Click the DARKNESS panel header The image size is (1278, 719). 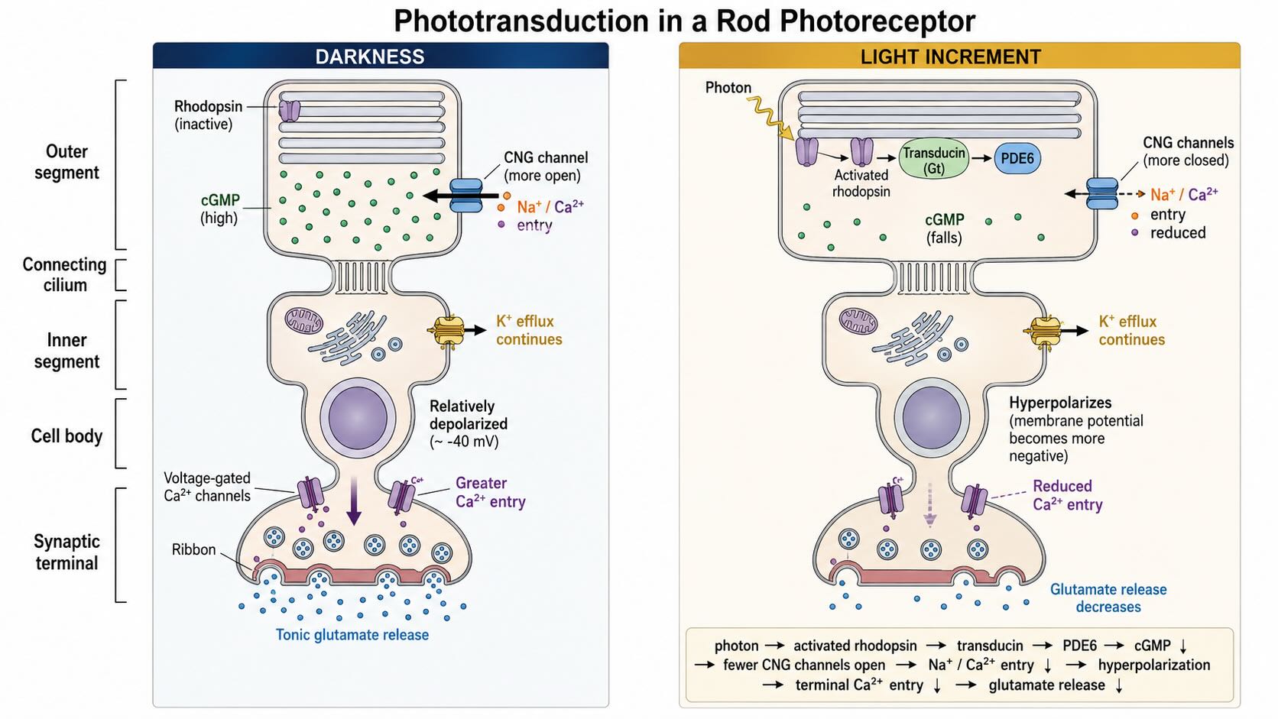tap(381, 56)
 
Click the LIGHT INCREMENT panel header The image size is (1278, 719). tap(959, 56)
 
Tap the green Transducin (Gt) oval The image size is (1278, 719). tap(934, 159)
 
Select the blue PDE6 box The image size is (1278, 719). tap(1017, 158)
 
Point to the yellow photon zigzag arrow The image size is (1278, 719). tap(770, 118)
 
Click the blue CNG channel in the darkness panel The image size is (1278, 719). tap(466, 196)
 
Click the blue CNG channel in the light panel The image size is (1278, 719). tap(1101, 193)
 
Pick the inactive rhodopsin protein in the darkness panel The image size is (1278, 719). tap(289, 111)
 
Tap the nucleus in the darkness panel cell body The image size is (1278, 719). tap(358, 418)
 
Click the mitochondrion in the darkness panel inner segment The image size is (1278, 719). tap(303, 320)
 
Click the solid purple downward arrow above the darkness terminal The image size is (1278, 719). tap(355, 500)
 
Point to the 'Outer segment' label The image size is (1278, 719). tap(66, 162)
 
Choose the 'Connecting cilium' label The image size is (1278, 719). tap(64, 275)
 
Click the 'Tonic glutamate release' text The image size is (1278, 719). tap(352, 635)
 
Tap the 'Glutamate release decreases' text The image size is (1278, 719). tap(1108, 598)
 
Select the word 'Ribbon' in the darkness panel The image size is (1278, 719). tap(193, 549)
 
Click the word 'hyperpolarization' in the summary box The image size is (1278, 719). tap(1153, 665)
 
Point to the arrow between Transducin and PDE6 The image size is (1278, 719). tap(981, 158)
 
